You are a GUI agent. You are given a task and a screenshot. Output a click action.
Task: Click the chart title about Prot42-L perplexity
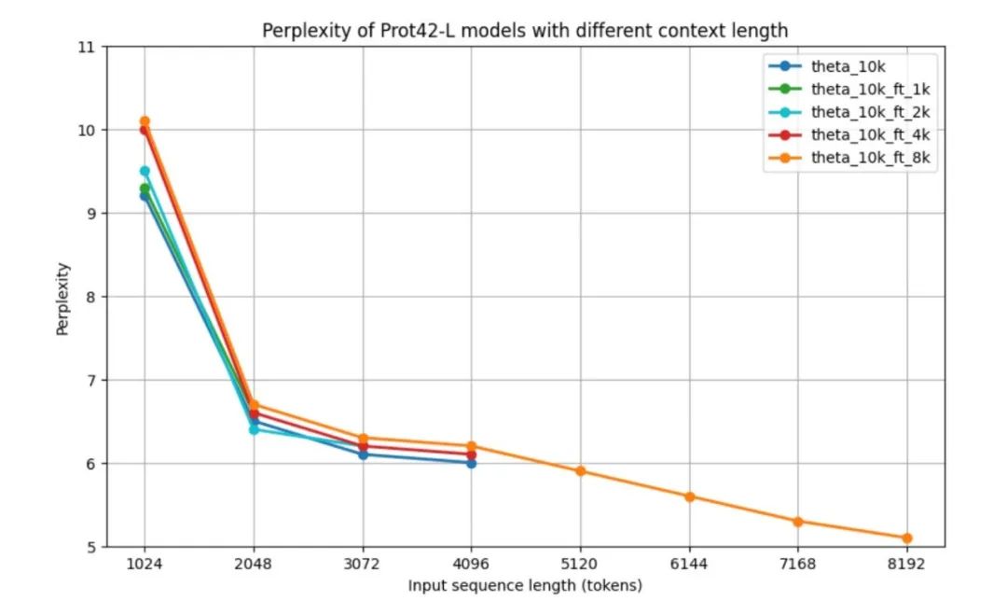pyautogui.click(x=524, y=31)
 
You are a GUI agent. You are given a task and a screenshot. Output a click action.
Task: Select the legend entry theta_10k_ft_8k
pyautogui.click(x=869, y=158)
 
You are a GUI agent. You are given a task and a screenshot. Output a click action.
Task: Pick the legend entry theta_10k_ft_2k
pyautogui.click(x=869, y=112)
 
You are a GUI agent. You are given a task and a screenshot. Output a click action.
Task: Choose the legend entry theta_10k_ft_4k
pyautogui.click(x=869, y=134)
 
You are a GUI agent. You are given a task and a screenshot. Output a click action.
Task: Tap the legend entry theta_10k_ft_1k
pyautogui.click(x=869, y=89)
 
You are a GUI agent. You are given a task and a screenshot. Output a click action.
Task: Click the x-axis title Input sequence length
pyautogui.click(x=525, y=586)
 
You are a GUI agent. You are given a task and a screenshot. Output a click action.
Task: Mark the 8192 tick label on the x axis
pyautogui.click(x=906, y=564)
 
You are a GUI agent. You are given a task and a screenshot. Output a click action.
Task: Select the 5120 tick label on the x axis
pyautogui.click(x=580, y=564)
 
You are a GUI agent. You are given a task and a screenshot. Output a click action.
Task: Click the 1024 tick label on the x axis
pyautogui.click(x=145, y=564)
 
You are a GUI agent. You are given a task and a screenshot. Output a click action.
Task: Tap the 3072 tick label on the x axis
pyautogui.click(x=362, y=564)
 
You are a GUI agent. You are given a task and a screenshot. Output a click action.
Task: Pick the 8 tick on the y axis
pyautogui.click(x=91, y=297)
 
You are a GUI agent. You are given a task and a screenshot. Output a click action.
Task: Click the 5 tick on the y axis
pyautogui.click(x=91, y=547)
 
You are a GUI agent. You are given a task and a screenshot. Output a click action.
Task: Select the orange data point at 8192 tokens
pyautogui.click(x=906, y=538)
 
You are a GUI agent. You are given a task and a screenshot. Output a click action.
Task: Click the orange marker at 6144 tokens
pyautogui.click(x=689, y=496)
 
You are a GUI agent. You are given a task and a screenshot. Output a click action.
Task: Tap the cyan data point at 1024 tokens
pyautogui.click(x=145, y=171)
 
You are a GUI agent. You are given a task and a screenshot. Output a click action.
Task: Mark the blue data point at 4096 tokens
pyautogui.click(x=471, y=463)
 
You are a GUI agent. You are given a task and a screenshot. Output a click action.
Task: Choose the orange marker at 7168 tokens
pyautogui.click(x=798, y=521)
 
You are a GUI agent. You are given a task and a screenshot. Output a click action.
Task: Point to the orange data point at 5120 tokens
pyautogui.click(x=580, y=471)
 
